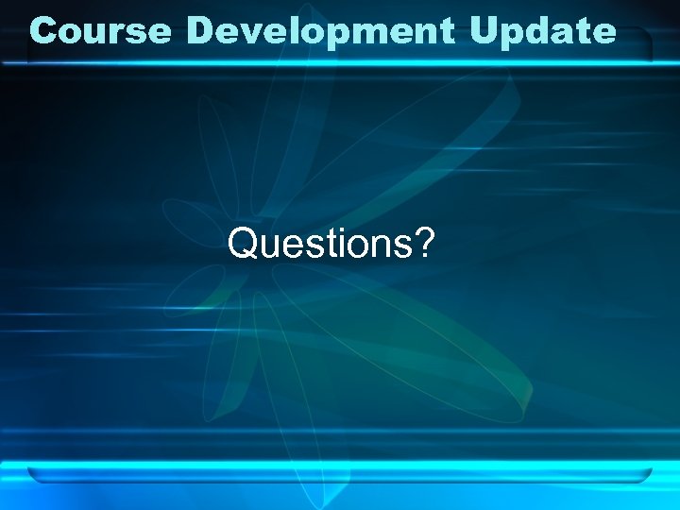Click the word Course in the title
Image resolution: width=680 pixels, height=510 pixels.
click(100, 30)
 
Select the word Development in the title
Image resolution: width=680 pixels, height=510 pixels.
click(321, 30)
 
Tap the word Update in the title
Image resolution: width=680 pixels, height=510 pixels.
click(542, 30)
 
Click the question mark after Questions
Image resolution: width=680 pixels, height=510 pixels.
click(425, 245)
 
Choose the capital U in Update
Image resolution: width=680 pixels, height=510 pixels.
click(484, 30)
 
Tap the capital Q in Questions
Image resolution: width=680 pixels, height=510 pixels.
click(243, 245)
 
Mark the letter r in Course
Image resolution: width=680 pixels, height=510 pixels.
click(119, 32)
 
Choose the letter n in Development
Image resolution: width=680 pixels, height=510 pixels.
click(427, 32)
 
